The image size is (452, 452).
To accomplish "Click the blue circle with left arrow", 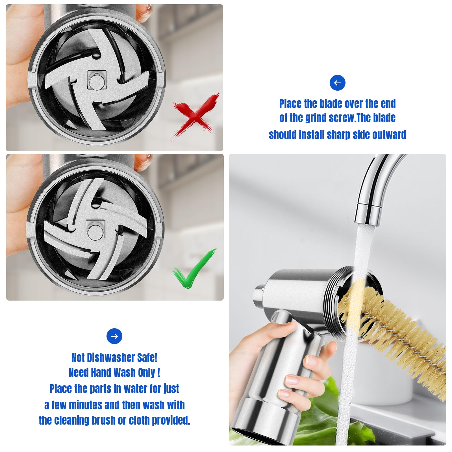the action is click(x=337, y=83).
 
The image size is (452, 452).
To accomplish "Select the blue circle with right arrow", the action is click(x=114, y=336).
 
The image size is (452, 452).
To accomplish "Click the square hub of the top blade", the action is click(x=96, y=80).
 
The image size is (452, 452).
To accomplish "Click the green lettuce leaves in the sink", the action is click(x=319, y=410).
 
